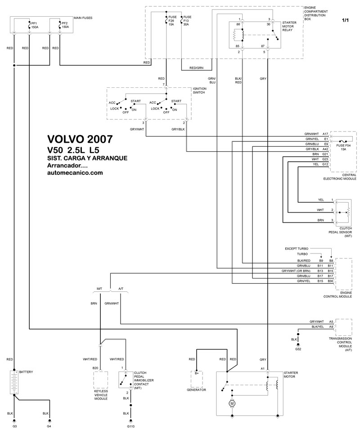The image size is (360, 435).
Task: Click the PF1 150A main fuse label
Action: tap(34, 24)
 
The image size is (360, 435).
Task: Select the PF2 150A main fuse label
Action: tap(65, 24)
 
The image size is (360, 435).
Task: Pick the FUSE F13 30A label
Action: tap(186, 21)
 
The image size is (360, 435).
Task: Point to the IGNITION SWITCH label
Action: tap(199, 90)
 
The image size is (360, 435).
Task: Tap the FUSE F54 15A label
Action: tap(343, 147)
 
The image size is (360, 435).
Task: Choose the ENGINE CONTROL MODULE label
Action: tap(337, 295)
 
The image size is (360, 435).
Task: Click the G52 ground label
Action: tap(298, 349)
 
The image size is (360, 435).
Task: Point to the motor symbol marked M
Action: tap(232, 403)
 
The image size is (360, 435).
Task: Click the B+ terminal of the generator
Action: tap(197, 373)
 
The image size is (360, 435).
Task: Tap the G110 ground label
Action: tap(131, 426)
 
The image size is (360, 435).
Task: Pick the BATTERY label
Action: tap(26, 372)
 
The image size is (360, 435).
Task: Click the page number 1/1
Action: tap(346, 20)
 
